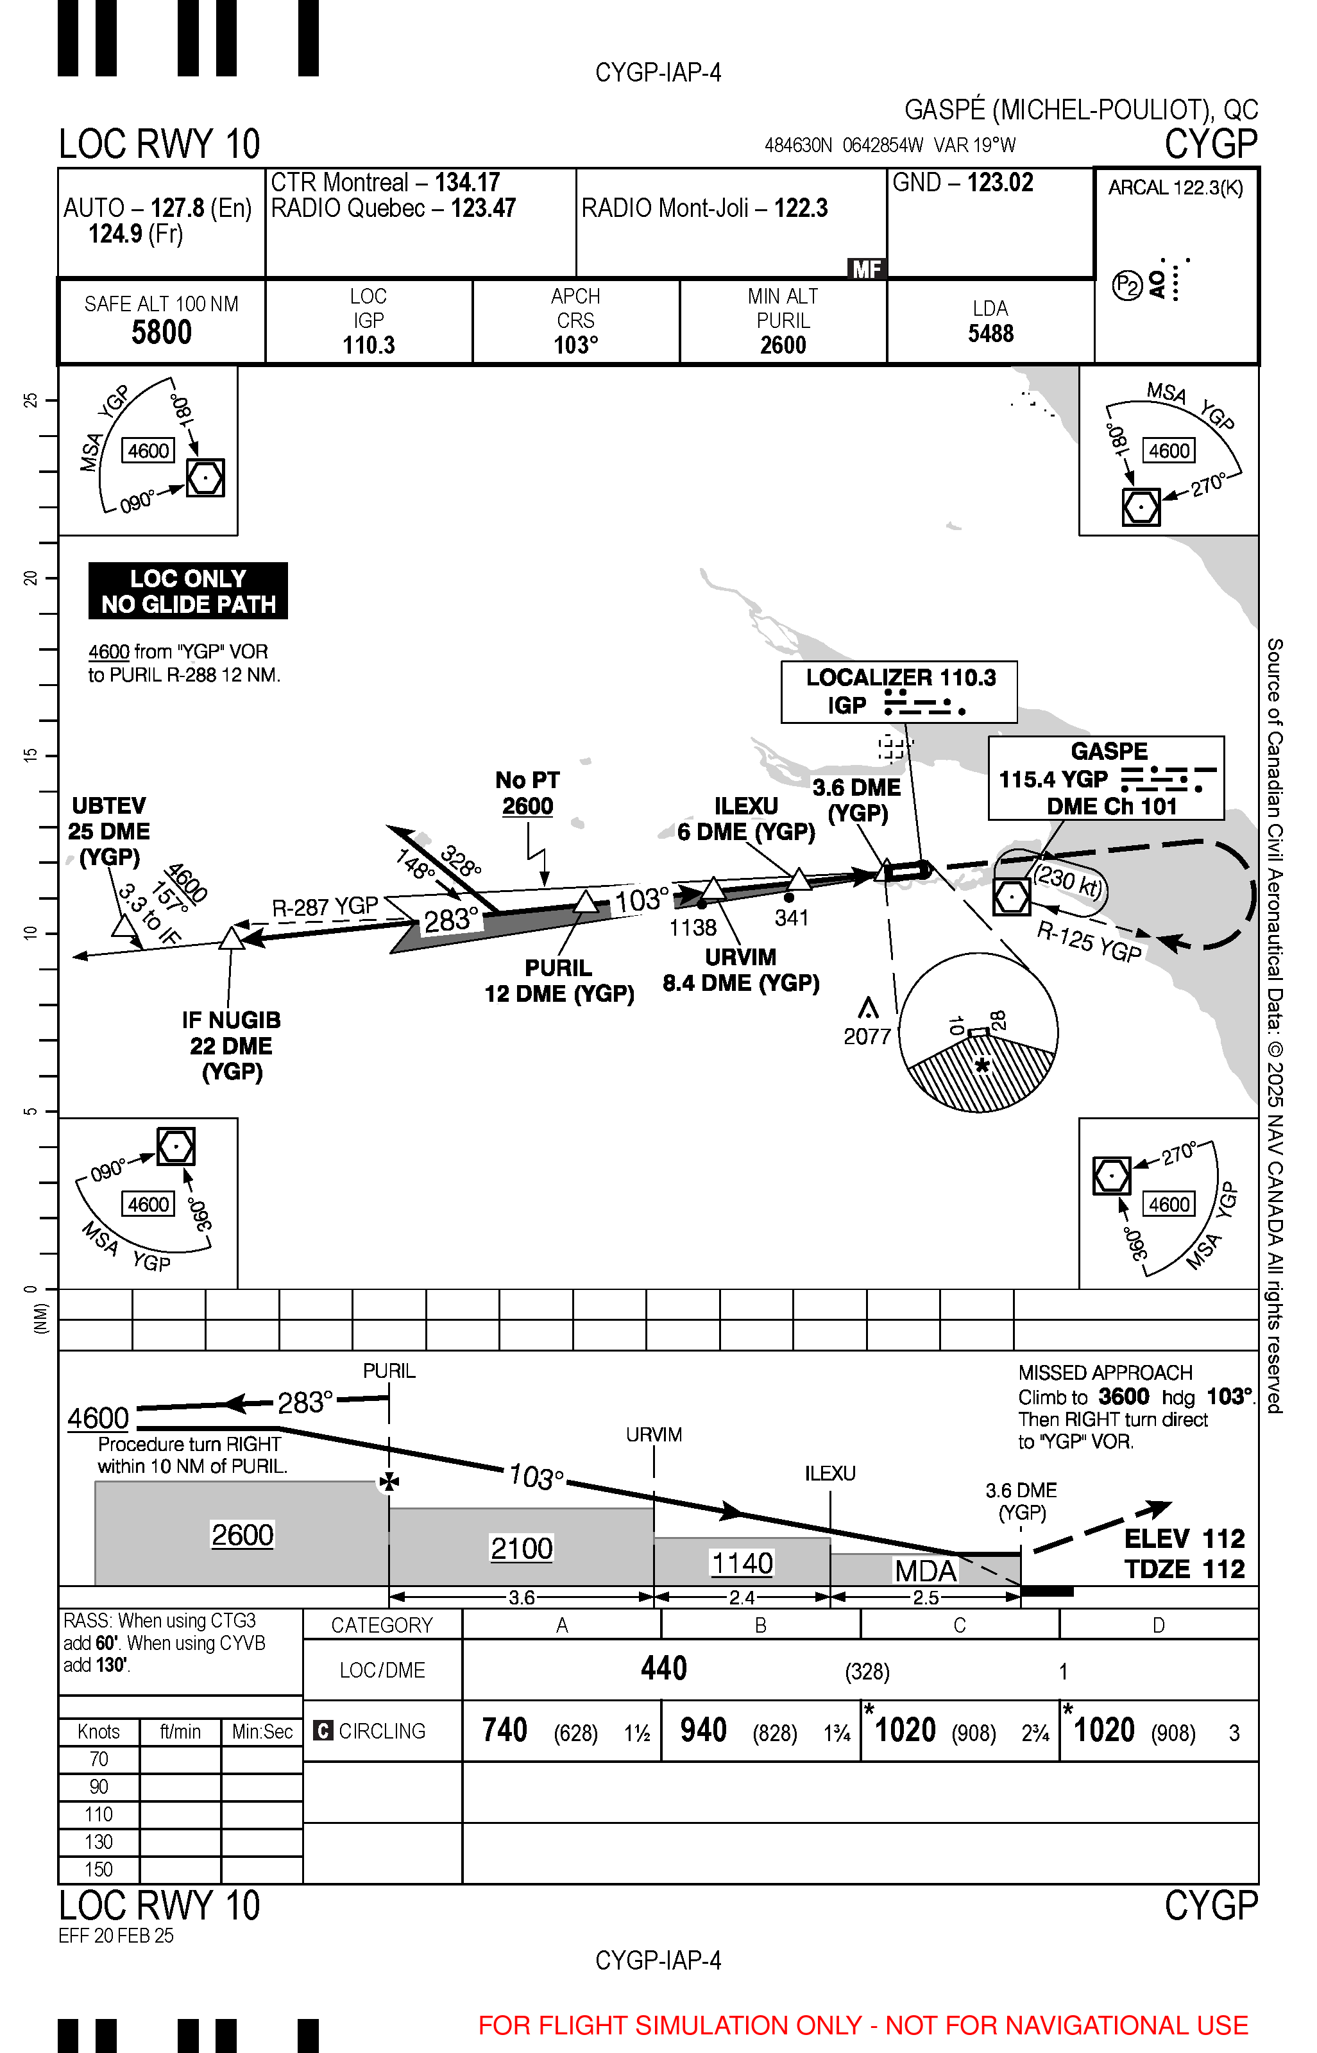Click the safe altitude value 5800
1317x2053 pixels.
[161, 332]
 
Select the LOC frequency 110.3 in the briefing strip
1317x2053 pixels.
[369, 345]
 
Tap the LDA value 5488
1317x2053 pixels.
[990, 333]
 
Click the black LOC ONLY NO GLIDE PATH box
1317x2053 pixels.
[188, 591]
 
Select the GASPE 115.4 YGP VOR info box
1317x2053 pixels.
[1106, 778]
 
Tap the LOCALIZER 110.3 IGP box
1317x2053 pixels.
[899, 691]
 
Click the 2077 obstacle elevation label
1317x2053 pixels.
[867, 1036]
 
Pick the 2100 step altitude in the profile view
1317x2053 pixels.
[521, 1549]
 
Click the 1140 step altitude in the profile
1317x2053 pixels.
[742, 1564]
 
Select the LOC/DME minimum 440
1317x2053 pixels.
[663, 1668]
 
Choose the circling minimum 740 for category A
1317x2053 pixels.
[505, 1730]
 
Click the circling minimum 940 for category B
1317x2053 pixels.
[703, 1730]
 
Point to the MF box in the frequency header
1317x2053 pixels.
[866, 270]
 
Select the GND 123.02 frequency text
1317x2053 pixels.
[963, 182]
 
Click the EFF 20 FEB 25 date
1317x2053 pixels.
[116, 1936]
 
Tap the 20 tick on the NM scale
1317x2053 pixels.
[31, 578]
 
